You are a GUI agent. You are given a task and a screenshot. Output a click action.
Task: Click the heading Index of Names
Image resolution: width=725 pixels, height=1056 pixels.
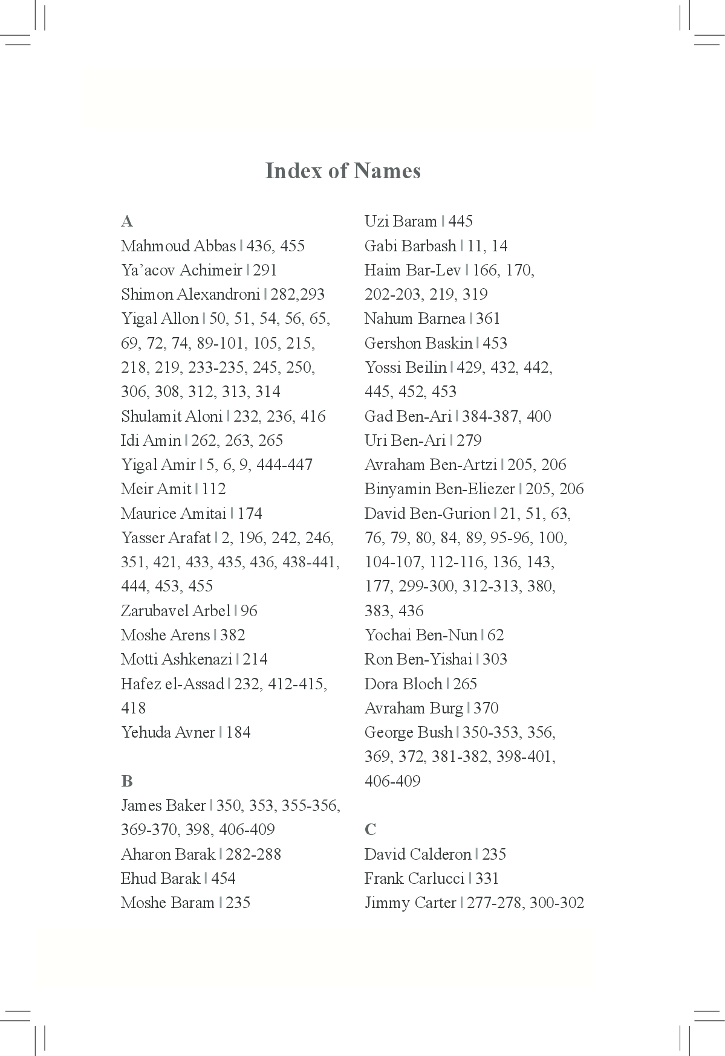(x=343, y=171)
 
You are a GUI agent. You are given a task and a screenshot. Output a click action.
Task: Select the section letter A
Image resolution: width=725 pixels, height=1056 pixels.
(x=127, y=222)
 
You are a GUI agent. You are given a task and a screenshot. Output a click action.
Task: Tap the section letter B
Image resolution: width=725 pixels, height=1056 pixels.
(x=126, y=781)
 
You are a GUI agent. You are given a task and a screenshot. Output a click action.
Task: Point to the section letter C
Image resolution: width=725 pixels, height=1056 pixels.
(x=370, y=829)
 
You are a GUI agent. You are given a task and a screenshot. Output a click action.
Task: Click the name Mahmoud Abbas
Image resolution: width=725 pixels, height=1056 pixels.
(x=178, y=246)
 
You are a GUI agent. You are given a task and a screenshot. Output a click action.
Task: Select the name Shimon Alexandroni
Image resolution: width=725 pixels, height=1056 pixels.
(x=190, y=294)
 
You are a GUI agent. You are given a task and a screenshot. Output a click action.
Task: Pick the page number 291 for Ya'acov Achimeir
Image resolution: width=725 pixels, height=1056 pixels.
(x=265, y=270)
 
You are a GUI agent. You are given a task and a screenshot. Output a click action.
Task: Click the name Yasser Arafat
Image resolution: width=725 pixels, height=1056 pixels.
(x=166, y=538)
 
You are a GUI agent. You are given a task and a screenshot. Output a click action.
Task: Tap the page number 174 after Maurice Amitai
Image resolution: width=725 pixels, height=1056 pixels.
(x=250, y=514)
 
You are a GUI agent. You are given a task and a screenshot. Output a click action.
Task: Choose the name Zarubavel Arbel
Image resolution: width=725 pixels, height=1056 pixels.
(x=175, y=611)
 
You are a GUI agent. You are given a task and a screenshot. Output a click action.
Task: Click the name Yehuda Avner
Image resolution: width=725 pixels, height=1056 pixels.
(x=167, y=732)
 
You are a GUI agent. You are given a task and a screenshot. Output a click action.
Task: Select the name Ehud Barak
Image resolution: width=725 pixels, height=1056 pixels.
(x=160, y=878)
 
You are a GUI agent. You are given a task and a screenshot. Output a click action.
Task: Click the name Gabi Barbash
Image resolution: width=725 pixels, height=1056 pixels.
(x=410, y=246)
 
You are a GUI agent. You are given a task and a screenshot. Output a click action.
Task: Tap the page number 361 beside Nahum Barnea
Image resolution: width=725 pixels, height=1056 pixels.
(x=488, y=318)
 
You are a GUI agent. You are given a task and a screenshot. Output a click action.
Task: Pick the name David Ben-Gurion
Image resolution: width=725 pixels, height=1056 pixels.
(x=427, y=514)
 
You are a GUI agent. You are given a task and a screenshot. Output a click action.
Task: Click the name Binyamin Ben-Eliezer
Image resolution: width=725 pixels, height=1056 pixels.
(x=440, y=489)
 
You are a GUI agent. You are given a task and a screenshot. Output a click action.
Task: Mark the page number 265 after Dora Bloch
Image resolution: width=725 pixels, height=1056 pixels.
(x=465, y=684)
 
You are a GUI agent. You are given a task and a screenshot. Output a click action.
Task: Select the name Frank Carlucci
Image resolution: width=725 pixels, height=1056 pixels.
(x=414, y=878)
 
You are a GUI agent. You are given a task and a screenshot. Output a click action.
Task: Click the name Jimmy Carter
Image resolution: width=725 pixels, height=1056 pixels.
(x=410, y=903)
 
